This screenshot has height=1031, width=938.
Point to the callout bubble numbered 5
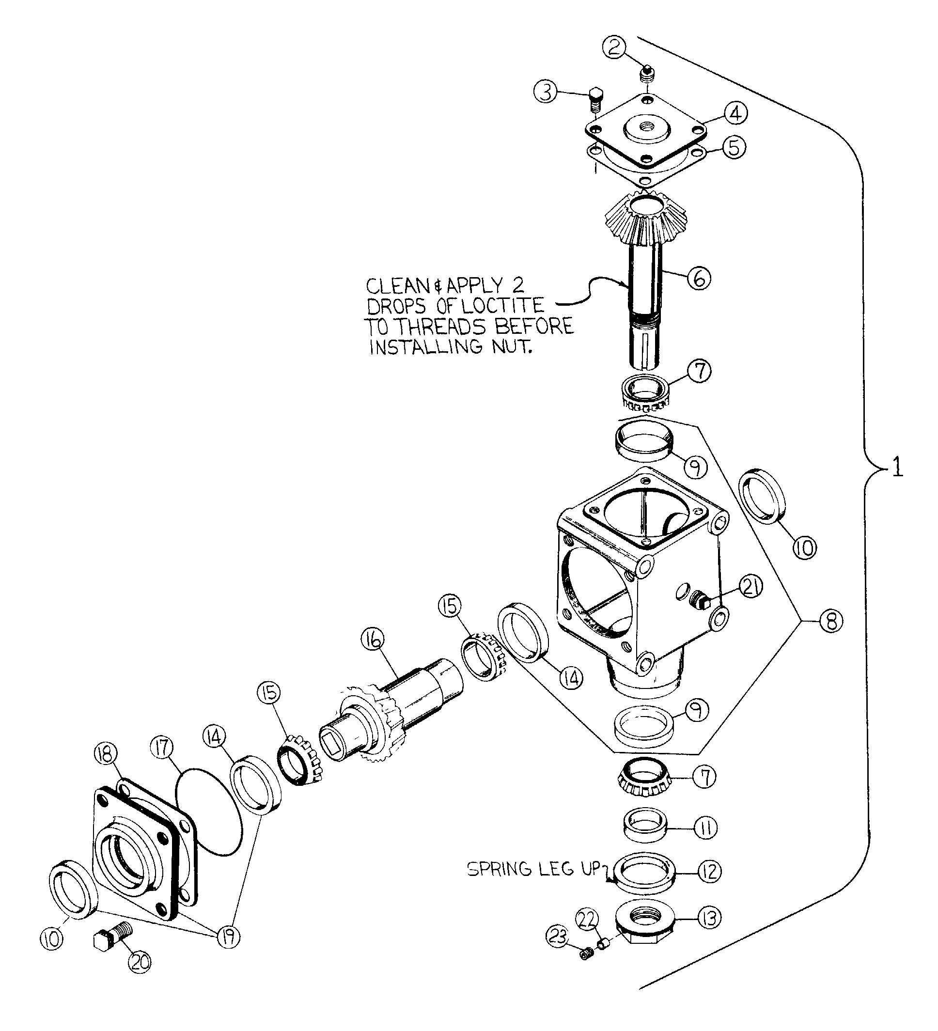[x=734, y=148]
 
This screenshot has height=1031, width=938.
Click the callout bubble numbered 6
[x=699, y=278]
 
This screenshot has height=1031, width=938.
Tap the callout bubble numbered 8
[x=830, y=621]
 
